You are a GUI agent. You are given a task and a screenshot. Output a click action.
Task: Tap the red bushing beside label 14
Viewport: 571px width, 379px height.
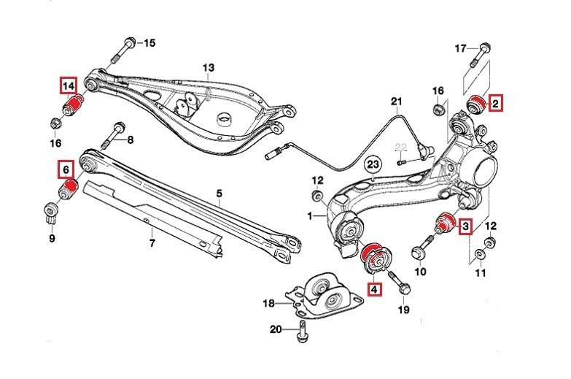[74, 107]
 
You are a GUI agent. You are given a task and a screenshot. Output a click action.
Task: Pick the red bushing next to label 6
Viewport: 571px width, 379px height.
[68, 191]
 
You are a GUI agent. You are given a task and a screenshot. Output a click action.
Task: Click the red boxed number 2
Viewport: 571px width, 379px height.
[495, 104]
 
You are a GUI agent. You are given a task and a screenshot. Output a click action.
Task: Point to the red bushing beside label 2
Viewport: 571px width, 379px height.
[477, 104]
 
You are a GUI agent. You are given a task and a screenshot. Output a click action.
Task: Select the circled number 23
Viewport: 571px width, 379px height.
[373, 163]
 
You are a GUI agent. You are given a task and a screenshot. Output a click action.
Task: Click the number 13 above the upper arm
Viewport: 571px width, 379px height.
[209, 68]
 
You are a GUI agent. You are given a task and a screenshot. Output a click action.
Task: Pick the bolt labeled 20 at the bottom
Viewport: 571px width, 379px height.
[300, 334]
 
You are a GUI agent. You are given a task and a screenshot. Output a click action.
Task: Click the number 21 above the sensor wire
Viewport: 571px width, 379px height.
[396, 100]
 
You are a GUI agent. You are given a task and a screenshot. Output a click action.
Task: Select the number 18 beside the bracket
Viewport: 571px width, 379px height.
[268, 302]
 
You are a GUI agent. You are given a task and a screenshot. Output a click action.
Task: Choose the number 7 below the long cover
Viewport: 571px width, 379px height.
[152, 242]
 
